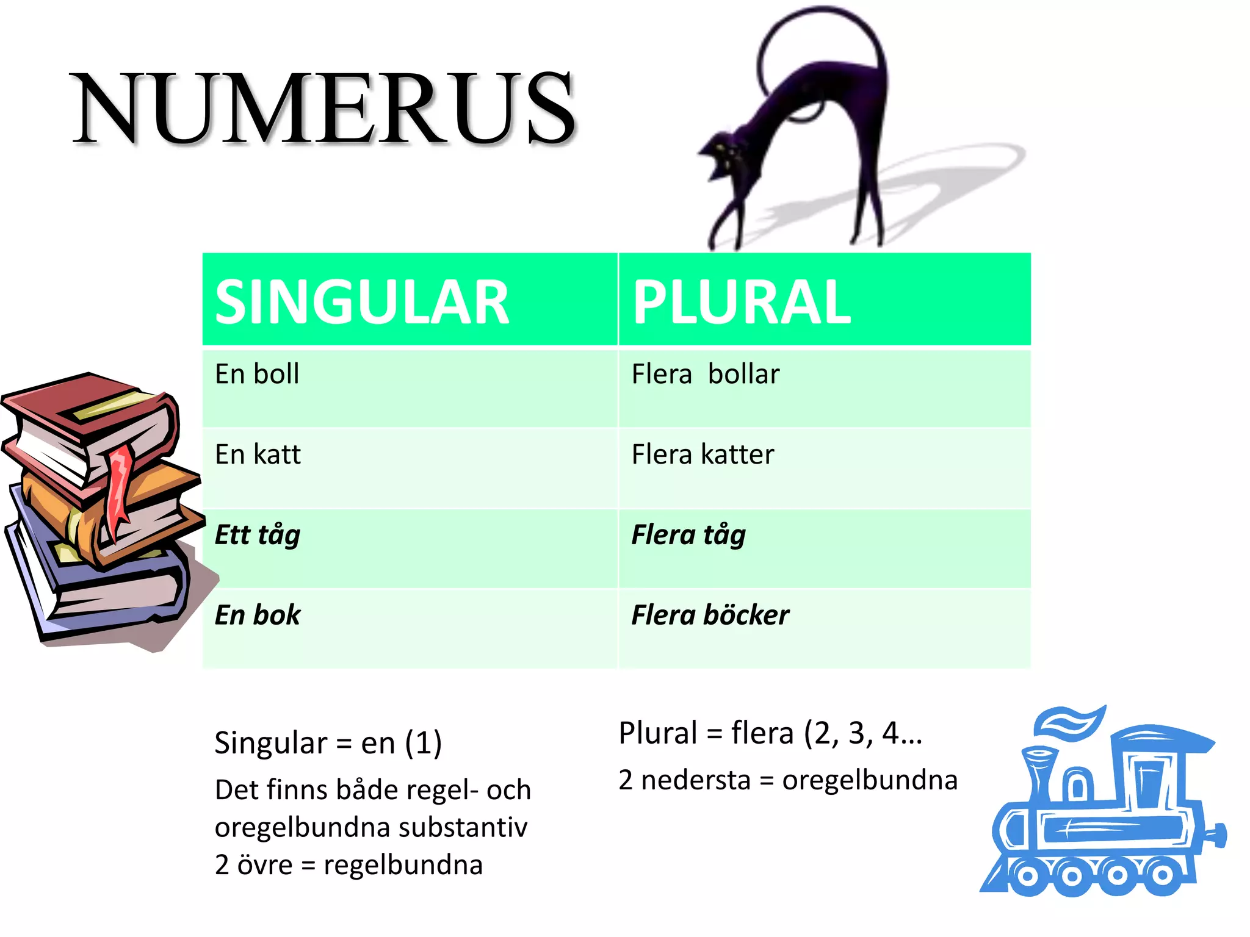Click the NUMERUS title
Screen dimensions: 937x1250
pyautogui.click(x=323, y=109)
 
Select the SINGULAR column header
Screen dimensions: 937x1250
pyautogui.click(x=362, y=302)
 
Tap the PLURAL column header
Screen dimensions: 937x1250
pyautogui.click(x=741, y=302)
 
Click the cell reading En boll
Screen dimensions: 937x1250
pyautogui.click(x=257, y=374)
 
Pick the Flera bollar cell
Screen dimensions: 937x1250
pyautogui.click(x=706, y=374)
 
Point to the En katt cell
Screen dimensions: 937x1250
pyautogui.click(x=258, y=454)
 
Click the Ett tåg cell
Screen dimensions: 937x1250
pyautogui.click(x=258, y=535)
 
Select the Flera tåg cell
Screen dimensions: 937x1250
pyautogui.click(x=688, y=535)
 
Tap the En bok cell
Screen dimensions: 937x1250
pyautogui.click(x=258, y=615)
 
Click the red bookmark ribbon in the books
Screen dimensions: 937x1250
pyautogui.click(x=120, y=488)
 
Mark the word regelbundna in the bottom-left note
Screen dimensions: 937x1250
pyautogui.click(x=403, y=865)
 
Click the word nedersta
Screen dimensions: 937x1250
pyautogui.click(x=695, y=780)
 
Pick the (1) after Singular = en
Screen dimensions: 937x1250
pyautogui.click(x=423, y=743)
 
